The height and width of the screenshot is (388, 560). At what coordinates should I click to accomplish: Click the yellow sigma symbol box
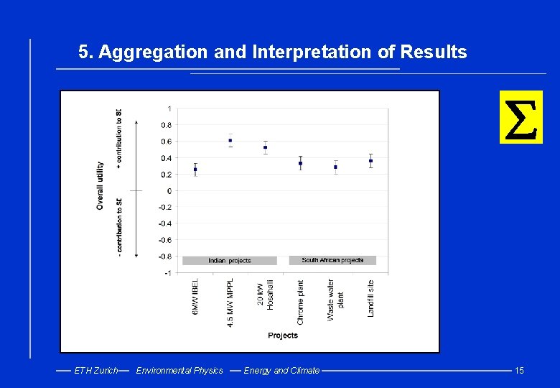click(x=521, y=117)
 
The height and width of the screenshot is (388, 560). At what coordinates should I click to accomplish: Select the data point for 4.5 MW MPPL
click(x=230, y=140)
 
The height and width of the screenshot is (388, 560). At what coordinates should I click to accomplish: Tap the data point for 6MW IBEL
click(x=195, y=170)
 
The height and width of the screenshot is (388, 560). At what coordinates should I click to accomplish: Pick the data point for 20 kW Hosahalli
click(x=266, y=147)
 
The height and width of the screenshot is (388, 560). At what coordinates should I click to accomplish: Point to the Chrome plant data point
click(x=300, y=163)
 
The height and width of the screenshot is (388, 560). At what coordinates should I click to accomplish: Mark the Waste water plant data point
click(x=335, y=167)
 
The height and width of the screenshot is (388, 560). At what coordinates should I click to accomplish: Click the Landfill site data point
click(x=370, y=161)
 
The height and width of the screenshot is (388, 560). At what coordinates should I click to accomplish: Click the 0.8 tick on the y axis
click(x=166, y=125)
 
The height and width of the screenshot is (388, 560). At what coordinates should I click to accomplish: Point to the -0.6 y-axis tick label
click(x=164, y=240)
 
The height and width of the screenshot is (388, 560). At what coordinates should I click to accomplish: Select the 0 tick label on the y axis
click(x=169, y=191)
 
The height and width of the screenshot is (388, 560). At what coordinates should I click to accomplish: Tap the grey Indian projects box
click(x=230, y=260)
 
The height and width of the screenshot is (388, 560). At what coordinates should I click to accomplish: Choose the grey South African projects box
click(x=332, y=260)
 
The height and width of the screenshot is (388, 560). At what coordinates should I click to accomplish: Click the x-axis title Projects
click(x=283, y=336)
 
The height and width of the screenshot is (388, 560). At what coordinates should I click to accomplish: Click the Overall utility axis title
click(x=101, y=185)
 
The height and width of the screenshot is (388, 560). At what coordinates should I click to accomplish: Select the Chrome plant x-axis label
click(x=301, y=302)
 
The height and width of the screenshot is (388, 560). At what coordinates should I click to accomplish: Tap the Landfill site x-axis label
click(x=370, y=298)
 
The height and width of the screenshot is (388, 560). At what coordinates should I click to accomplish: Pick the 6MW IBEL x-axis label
click(x=195, y=297)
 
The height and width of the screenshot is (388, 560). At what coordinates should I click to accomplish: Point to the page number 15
click(x=519, y=371)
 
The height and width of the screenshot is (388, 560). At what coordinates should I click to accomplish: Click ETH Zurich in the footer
click(x=96, y=371)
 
